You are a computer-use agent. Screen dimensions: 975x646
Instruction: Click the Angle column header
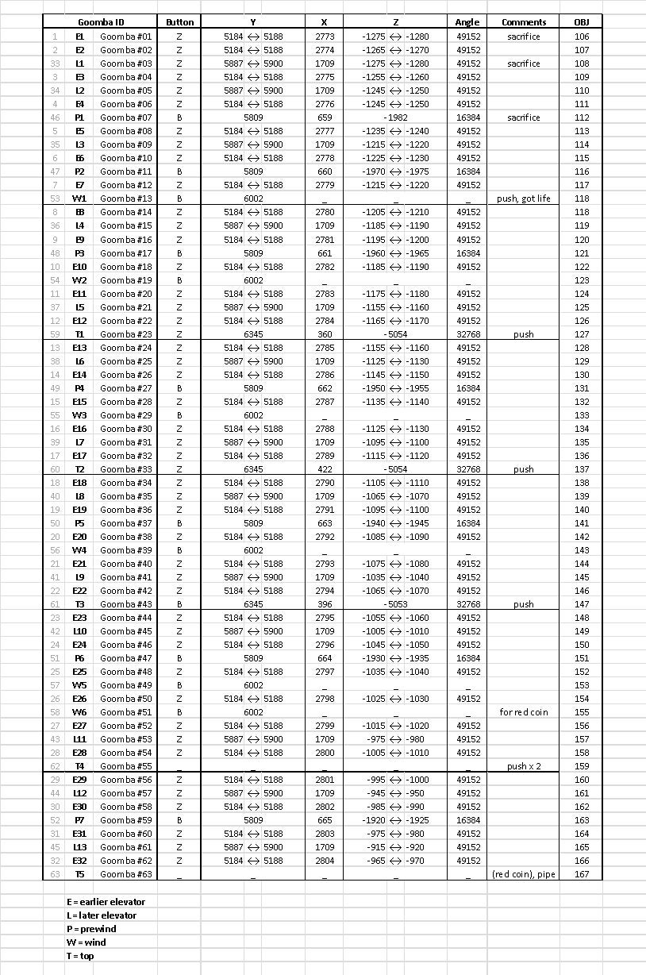click(467, 22)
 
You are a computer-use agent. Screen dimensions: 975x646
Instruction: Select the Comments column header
click(524, 22)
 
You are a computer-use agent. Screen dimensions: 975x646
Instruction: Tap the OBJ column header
click(582, 22)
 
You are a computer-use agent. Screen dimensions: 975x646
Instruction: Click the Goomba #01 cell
click(125, 37)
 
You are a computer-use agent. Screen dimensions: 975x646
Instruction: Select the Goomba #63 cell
click(125, 874)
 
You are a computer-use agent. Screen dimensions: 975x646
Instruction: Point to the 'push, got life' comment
click(524, 198)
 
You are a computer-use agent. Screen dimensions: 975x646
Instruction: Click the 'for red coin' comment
click(524, 711)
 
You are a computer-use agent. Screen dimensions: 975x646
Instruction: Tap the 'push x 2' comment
click(524, 766)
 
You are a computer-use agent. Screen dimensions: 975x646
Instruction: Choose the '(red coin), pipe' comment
click(524, 874)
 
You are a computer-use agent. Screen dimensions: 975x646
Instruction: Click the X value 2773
click(325, 37)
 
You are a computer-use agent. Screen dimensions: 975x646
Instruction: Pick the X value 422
click(325, 469)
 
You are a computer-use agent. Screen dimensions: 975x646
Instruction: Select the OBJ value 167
click(582, 874)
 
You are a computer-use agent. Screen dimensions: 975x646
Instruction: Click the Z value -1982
click(395, 118)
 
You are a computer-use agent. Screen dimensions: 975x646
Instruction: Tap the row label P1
click(80, 118)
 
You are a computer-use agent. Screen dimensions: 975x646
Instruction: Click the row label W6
click(80, 711)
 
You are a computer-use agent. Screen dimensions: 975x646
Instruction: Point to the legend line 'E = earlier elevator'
click(106, 902)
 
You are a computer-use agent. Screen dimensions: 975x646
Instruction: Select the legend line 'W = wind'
click(86, 942)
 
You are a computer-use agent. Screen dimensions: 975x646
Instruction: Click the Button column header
click(179, 22)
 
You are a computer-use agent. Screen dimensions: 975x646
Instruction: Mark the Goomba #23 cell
click(125, 334)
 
